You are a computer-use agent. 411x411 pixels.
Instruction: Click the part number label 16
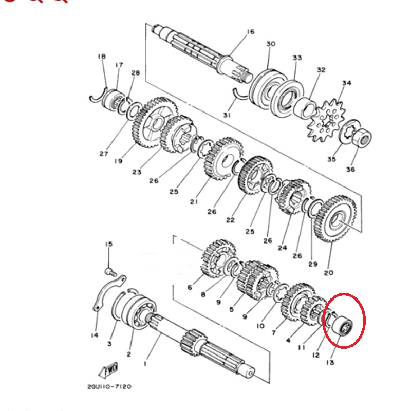tap(251, 32)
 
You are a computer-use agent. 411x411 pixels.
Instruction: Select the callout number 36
tap(350, 170)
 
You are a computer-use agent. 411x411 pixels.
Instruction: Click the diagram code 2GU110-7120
tap(109, 387)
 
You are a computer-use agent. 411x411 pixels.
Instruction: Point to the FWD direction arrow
tap(108, 370)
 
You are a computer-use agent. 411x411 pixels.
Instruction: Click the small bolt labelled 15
tap(110, 272)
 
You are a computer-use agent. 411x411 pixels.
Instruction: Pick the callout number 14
tap(95, 335)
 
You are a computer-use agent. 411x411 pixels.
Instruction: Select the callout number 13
tap(330, 363)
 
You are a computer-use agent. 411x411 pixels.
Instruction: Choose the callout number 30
tap(271, 44)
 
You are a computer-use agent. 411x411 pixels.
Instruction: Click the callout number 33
tap(297, 58)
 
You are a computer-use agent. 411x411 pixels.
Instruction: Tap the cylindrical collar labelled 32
tap(305, 107)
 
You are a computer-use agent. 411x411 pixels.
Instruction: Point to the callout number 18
tap(102, 57)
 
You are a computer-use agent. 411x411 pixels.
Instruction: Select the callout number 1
tap(145, 364)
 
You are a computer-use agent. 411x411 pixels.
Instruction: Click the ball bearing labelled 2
tap(139, 312)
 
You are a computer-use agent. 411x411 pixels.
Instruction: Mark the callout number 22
tap(230, 220)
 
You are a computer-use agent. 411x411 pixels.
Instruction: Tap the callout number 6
tap(190, 288)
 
